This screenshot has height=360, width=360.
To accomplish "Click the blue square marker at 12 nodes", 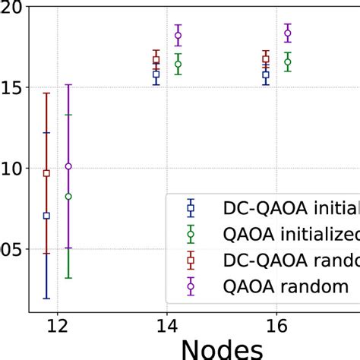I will tap(46, 216).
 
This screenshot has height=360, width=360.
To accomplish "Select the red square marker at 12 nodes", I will tap(46, 173).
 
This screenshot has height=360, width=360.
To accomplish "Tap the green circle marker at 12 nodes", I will tap(68, 197).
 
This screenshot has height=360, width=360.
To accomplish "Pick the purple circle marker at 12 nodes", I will tap(68, 166).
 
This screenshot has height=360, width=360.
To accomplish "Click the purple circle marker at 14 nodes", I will tap(178, 35).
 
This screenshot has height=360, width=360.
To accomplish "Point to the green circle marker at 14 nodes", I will tap(178, 65).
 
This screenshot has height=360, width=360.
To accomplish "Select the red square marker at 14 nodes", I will tap(156, 60).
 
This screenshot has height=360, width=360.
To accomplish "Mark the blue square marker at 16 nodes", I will tap(266, 75).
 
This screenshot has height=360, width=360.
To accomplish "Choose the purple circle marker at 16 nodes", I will tap(287, 33).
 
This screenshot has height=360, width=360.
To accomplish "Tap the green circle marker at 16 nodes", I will tap(287, 62).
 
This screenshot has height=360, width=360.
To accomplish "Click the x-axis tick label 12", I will tap(57, 327).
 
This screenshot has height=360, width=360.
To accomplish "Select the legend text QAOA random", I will tap(285, 287).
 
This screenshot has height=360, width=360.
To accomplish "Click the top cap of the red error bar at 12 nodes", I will tap(46, 93).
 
